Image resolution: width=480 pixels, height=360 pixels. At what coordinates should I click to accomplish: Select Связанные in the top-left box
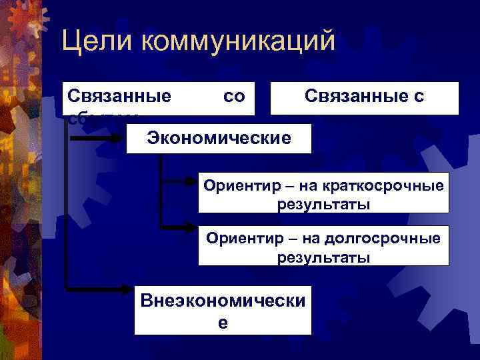click(x=119, y=97)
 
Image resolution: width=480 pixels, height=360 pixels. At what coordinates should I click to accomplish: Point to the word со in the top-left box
click(x=234, y=97)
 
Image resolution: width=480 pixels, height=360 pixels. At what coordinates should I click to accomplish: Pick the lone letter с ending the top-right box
click(x=418, y=97)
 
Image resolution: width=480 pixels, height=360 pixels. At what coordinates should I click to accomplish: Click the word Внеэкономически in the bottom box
click(x=223, y=301)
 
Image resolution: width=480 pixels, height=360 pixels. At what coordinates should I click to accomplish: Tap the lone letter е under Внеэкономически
click(x=223, y=322)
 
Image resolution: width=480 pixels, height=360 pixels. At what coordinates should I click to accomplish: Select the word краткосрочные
click(x=387, y=185)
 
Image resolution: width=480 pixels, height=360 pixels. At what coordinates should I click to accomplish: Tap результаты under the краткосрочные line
click(x=323, y=203)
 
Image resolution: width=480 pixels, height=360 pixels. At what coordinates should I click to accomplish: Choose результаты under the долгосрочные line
click(x=323, y=256)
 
